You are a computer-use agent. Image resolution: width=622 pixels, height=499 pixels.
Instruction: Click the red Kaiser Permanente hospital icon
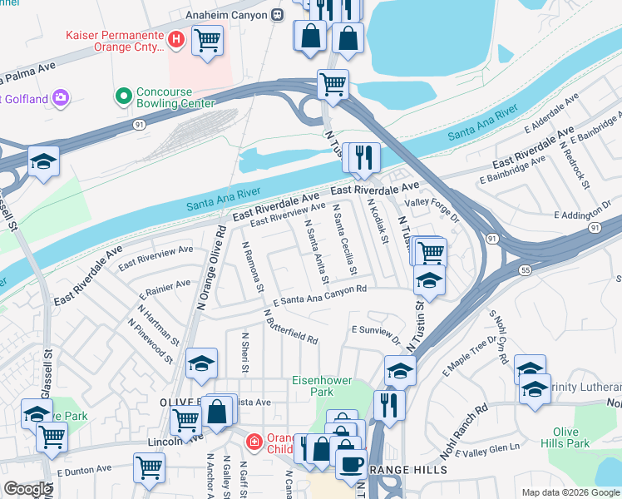click(175, 37)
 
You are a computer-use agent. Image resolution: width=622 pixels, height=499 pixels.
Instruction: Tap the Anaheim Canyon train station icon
click(277, 14)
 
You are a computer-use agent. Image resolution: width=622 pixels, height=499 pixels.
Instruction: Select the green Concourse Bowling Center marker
click(124, 96)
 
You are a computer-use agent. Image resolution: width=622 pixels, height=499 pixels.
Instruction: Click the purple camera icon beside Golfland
click(61, 99)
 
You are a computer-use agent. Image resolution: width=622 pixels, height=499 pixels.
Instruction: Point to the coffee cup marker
click(351, 462)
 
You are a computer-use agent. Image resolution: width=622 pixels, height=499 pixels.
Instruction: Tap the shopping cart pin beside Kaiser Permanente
click(207, 39)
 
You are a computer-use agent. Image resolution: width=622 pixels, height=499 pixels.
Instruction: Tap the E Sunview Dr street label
click(376, 334)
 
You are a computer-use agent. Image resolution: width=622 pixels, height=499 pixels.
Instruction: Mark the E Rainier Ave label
click(165, 289)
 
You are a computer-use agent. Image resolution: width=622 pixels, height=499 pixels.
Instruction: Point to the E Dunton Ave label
click(84, 471)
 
